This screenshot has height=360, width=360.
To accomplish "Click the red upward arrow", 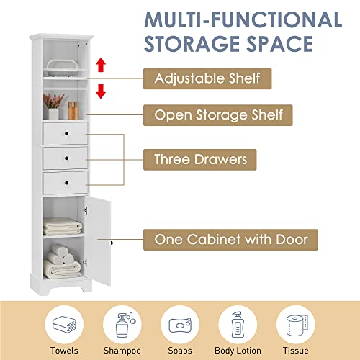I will [101, 66].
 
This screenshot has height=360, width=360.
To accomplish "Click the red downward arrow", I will [101, 90].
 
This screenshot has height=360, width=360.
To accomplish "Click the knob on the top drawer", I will [66, 132].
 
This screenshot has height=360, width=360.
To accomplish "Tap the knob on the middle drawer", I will [66, 157].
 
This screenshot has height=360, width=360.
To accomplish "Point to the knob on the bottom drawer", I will [66, 182].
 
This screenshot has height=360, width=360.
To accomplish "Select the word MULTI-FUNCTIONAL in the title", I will [225, 20].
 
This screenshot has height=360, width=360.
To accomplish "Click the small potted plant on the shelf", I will [53, 109].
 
